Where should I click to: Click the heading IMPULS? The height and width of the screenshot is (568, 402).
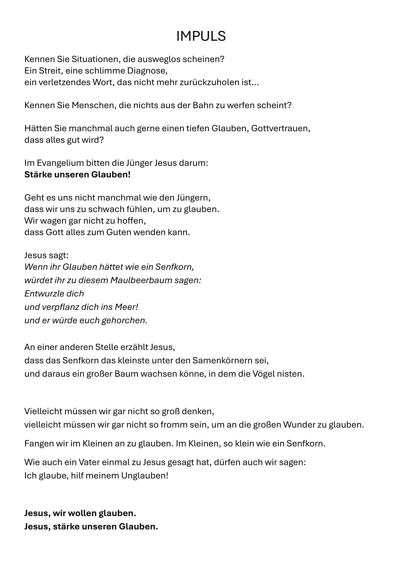(x=201, y=36)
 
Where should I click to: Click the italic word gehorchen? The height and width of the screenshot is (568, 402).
(x=123, y=320)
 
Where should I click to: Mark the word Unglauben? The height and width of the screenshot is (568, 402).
(x=145, y=476)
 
